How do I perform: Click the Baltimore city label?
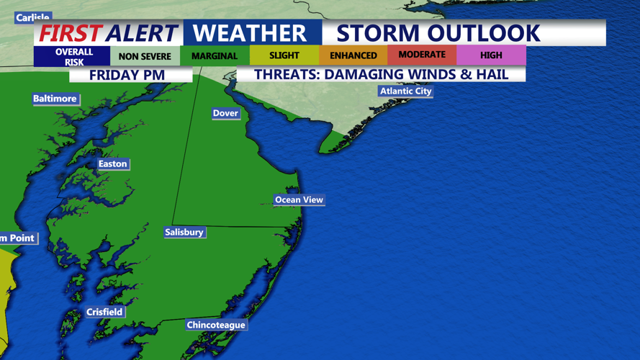[x=55, y=99]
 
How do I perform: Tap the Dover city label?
[x=225, y=113]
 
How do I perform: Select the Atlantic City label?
[x=406, y=91]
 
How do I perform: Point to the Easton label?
[x=112, y=164]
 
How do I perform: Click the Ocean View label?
[x=299, y=200]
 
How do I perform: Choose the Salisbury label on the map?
[x=184, y=233]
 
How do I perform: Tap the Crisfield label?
[x=104, y=312]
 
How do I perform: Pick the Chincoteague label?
[x=216, y=325]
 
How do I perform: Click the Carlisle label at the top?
[x=33, y=17]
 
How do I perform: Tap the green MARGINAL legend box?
[x=215, y=56]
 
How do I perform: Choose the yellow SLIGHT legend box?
[x=284, y=55]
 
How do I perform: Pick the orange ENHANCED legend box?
[x=353, y=55]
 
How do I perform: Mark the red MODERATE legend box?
[x=422, y=55]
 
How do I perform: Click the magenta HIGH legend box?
[x=491, y=55]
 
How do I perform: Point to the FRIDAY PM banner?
[x=127, y=75]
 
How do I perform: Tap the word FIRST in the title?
[x=69, y=33]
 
